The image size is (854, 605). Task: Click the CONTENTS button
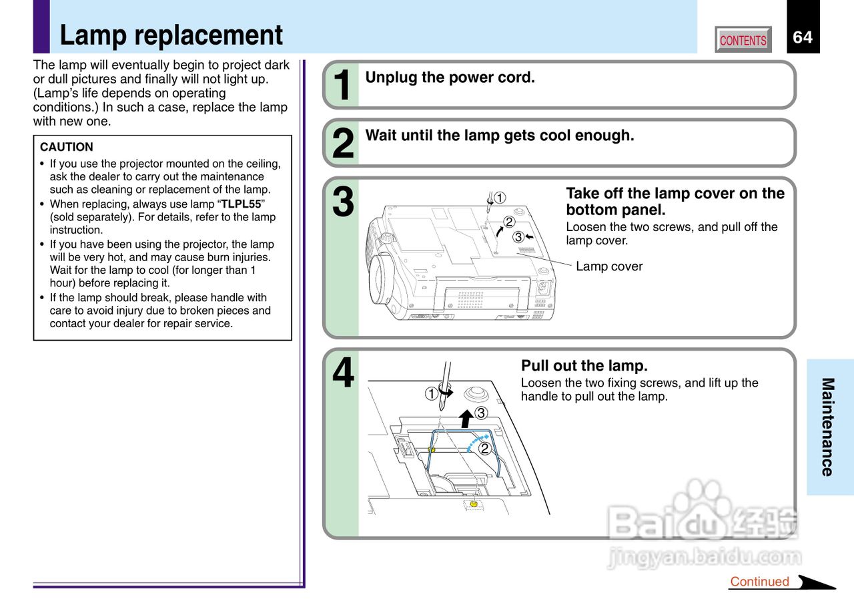tap(743, 40)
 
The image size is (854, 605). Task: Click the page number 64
tap(803, 37)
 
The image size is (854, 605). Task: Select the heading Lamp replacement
tap(171, 35)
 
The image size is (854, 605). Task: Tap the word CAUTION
tap(67, 147)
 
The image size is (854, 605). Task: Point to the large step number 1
tap(342, 86)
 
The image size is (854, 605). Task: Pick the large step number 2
tap(342, 144)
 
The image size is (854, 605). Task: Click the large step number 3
tap(342, 202)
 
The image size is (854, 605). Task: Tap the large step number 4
tap(342, 374)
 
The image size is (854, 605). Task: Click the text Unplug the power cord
tap(450, 77)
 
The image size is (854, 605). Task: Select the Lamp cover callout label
tap(608, 266)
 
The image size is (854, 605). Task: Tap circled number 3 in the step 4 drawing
tap(480, 413)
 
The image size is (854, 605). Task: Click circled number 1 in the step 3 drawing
tap(500, 198)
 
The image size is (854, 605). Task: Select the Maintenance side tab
tap(828, 427)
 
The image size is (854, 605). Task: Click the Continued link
tap(759, 582)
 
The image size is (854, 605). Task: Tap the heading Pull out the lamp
tap(584, 366)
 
